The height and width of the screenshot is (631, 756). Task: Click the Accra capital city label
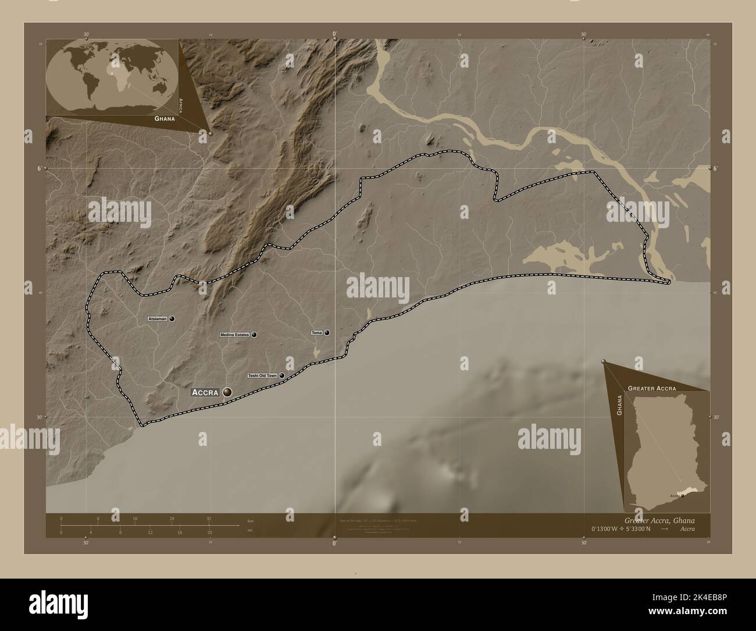click(x=205, y=393)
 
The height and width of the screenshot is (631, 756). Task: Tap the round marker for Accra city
click(x=227, y=393)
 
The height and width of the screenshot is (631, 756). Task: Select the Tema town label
click(x=317, y=333)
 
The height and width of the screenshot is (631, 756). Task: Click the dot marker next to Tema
click(x=327, y=333)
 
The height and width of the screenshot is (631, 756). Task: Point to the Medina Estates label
click(x=235, y=335)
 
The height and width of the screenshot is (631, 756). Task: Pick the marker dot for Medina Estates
click(x=254, y=335)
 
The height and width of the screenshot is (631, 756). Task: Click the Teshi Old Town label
click(x=262, y=376)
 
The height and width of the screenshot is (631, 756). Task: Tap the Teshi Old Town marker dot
click(x=282, y=376)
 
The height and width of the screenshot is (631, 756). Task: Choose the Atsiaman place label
click(x=158, y=319)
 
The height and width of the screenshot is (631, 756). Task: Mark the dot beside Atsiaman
click(x=172, y=319)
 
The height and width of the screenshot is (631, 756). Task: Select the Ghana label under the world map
click(x=165, y=118)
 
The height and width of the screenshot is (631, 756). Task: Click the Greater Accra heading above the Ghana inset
click(x=651, y=388)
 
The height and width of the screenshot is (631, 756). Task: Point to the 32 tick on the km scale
click(x=209, y=517)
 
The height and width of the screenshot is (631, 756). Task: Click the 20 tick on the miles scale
click(x=209, y=532)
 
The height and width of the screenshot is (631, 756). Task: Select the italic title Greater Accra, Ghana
click(x=659, y=520)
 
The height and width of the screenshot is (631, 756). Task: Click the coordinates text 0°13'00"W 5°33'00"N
click(x=621, y=529)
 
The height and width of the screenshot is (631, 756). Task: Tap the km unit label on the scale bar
click(x=251, y=520)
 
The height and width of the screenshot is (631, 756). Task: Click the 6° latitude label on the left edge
click(x=39, y=169)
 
